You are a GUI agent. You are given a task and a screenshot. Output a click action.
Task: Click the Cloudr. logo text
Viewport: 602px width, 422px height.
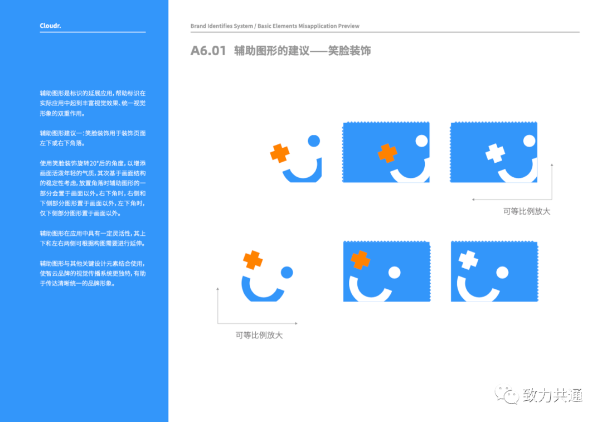tap(50, 26)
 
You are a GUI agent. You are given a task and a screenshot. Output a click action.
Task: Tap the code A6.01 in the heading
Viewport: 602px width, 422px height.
tap(208, 51)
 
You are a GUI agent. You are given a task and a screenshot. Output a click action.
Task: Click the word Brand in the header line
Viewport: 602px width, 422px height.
tap(198, 26)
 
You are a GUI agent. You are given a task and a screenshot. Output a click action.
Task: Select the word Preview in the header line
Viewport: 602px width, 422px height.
tap(348, 26)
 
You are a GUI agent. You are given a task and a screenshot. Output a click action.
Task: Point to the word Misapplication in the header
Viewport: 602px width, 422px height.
tap(317, 26)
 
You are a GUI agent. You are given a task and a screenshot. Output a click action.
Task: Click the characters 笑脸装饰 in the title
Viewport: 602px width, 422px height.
tap(349, 51)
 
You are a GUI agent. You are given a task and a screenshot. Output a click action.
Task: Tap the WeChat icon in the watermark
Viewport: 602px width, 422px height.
tap(507, 394)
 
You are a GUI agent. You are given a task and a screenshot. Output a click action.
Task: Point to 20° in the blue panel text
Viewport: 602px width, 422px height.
tap(94, 163)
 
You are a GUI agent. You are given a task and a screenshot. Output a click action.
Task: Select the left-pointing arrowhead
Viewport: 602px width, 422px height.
tap(473, 200)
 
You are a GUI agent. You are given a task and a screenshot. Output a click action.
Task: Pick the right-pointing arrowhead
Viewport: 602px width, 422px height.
tap(296, 323)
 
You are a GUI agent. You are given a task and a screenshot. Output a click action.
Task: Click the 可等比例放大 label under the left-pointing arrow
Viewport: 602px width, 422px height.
tap(527, 212)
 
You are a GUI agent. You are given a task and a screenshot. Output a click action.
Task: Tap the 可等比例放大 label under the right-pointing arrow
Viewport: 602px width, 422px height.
tap(259, 335)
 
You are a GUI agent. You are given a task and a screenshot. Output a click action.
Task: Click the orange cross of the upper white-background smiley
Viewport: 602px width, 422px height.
tap(280, 153)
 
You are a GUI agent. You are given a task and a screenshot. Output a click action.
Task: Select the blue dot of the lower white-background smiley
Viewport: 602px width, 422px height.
tap(287, 272)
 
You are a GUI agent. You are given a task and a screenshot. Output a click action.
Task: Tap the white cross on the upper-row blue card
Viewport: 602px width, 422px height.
tap(496, 153)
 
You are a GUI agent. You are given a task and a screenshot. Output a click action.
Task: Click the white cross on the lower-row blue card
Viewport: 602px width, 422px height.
tap(468, 260)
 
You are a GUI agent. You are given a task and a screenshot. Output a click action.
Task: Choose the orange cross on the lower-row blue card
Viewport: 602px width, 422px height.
tap(361, 260)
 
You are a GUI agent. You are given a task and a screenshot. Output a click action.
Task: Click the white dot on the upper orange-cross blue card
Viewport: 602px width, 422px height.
tap(421, 141)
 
